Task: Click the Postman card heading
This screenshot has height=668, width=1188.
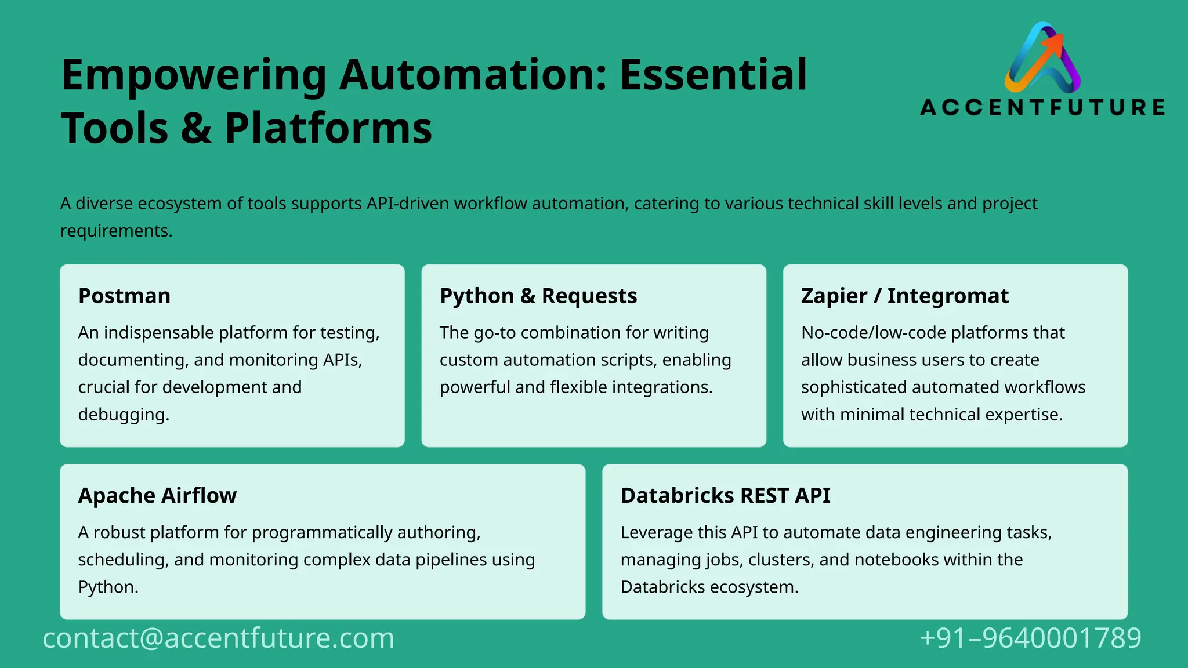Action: (124, 296)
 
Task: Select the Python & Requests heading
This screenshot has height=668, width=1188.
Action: (538, 296)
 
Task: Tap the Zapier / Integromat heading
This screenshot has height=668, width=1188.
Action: (904, 296)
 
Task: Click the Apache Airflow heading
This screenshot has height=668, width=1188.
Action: (157, 496)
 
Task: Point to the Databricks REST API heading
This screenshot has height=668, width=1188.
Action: (725, 496)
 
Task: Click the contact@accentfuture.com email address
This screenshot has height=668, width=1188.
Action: (219, 638)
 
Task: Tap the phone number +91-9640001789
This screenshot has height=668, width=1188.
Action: (1030, 638)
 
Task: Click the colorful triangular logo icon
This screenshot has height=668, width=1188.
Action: (1042, 58)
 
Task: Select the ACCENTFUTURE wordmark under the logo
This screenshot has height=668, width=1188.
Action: (1042, 107)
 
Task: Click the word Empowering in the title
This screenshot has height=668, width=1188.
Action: (194, 75)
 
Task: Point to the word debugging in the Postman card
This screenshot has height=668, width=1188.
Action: (124, 415)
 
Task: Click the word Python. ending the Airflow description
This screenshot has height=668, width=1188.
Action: (108, 587)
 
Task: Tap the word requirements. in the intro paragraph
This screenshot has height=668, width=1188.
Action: (116, 231)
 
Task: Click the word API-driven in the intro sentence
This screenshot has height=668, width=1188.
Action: (408, 204)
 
